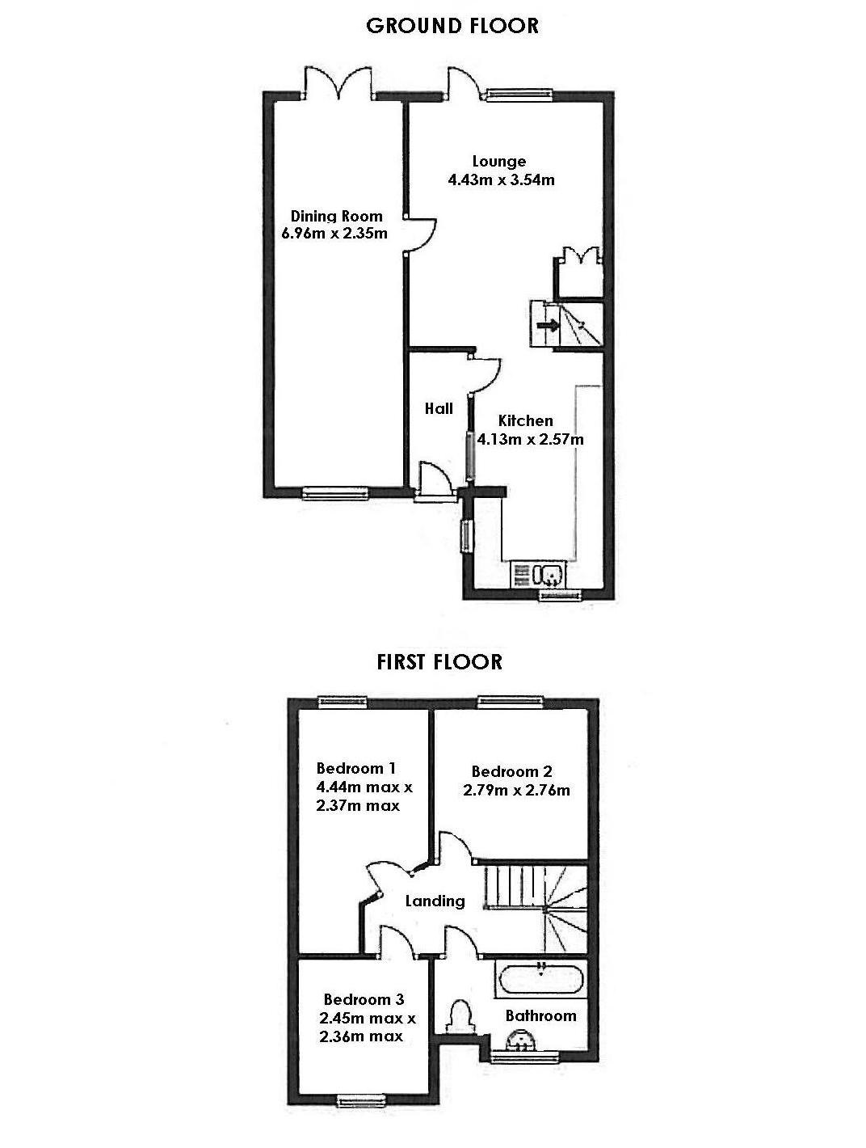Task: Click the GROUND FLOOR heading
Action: pyautogui.click(x=452, y=26)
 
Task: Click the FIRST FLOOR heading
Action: pyautogui.click(x=439, y=661)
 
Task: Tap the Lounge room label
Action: pyautogui.click(x=499, y=162)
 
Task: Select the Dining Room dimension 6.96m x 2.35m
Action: pyautogui.click(x=329, y=234)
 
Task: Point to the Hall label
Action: pyautogui.click(x=439, y=409)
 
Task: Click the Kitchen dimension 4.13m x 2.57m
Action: pyautogui.click(x=530, y=440)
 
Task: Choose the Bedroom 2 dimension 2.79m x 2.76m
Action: pyautogui.click(x=516, y=790)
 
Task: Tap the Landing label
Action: pyautogui.click(x=435, y=901)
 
